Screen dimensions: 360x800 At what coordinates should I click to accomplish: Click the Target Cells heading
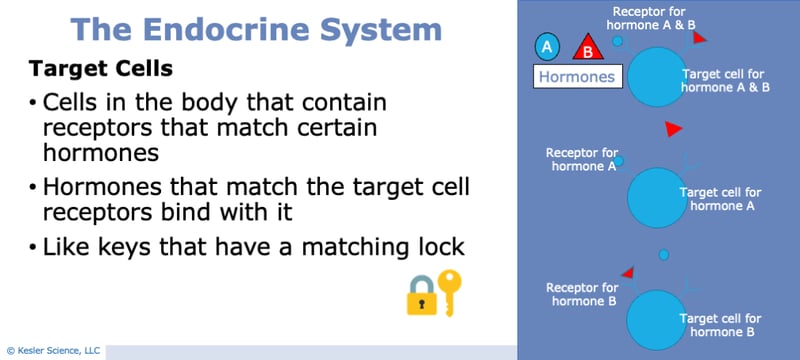pyautogui.click(x=100, y=69)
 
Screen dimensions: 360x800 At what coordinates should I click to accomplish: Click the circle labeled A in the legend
pyautogui.click(x=546, y=46)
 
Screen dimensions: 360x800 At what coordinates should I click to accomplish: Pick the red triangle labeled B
pyautogui.click(x=587, y=47)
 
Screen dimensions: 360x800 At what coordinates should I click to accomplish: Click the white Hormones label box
pyautogui.click(x=576, y=75)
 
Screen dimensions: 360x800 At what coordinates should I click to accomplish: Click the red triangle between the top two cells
pyautogui.click(x=674, y=129)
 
